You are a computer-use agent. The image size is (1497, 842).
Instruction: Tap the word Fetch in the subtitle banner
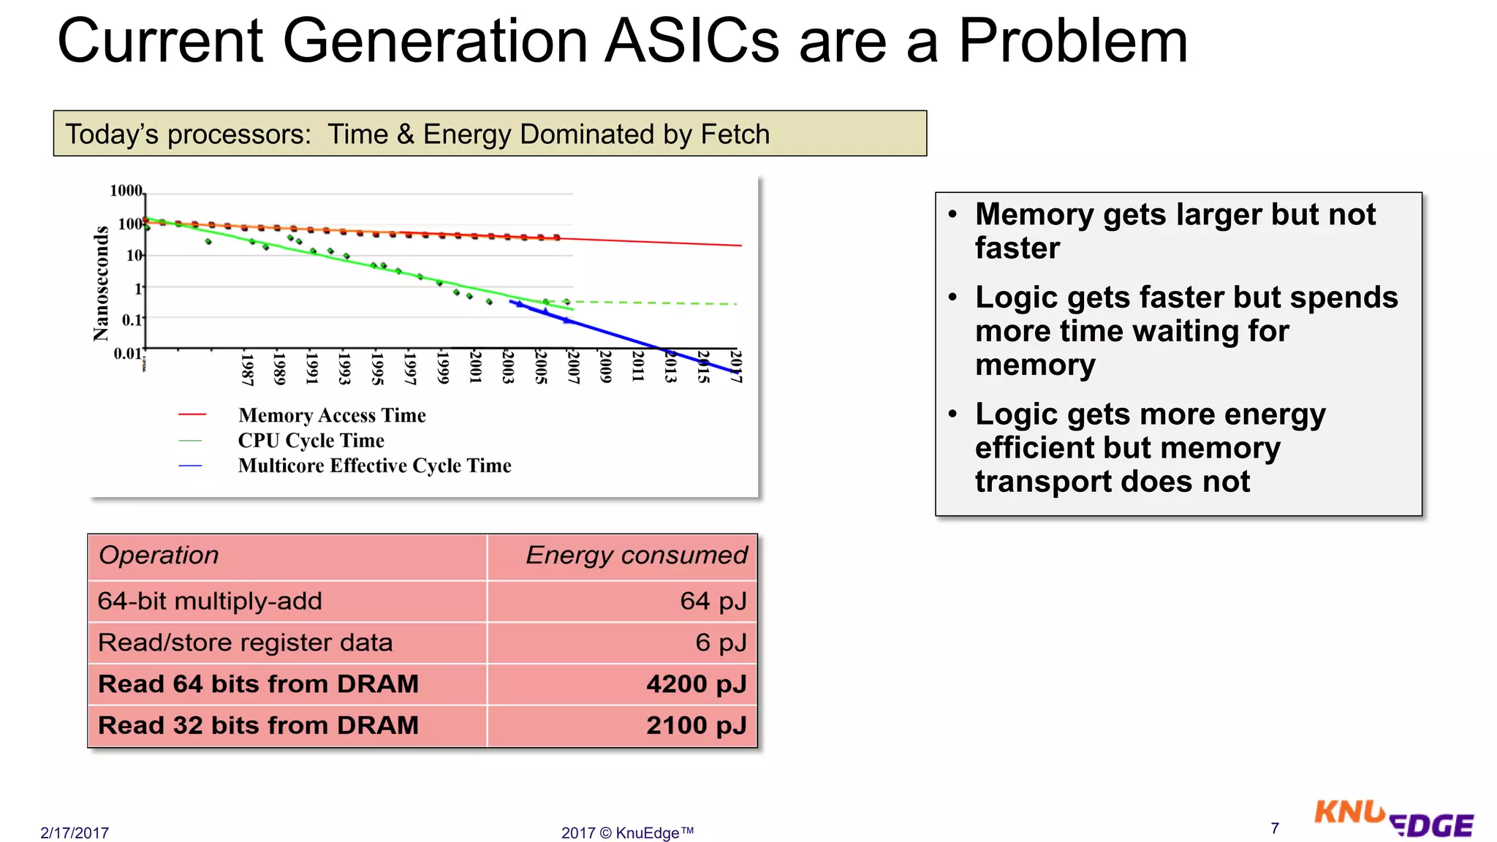pos(735,134)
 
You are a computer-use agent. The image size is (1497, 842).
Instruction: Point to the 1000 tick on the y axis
pos(126,191)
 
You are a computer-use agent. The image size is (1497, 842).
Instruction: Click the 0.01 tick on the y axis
pos(127,354)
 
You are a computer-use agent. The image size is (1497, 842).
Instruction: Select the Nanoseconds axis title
pos(101,284)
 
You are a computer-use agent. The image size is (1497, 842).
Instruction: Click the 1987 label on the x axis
pos(247,369)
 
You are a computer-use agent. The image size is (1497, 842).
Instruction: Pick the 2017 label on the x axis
pos(736,366)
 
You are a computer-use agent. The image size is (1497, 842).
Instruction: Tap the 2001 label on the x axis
pos(475,366)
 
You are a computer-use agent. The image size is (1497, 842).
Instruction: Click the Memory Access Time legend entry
pos(331,415)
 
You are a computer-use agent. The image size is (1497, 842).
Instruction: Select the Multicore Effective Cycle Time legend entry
pos(374,466)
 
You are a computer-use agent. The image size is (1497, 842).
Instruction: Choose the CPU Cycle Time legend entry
pos(311,441)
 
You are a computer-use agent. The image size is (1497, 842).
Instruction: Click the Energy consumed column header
pos(636,555)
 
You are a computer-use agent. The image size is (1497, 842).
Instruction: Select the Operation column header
pos(159,555)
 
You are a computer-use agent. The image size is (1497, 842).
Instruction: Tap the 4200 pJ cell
pos(696,684)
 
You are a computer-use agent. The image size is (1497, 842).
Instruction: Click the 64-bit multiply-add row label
pos(210,601)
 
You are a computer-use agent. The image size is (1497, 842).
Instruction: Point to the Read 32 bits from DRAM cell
pos(258,725)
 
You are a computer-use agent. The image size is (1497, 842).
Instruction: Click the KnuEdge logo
pos(1393,820)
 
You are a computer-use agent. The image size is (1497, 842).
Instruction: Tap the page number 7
pos(1275,828)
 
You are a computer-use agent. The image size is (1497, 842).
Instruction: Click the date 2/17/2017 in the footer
pos(75,833)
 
